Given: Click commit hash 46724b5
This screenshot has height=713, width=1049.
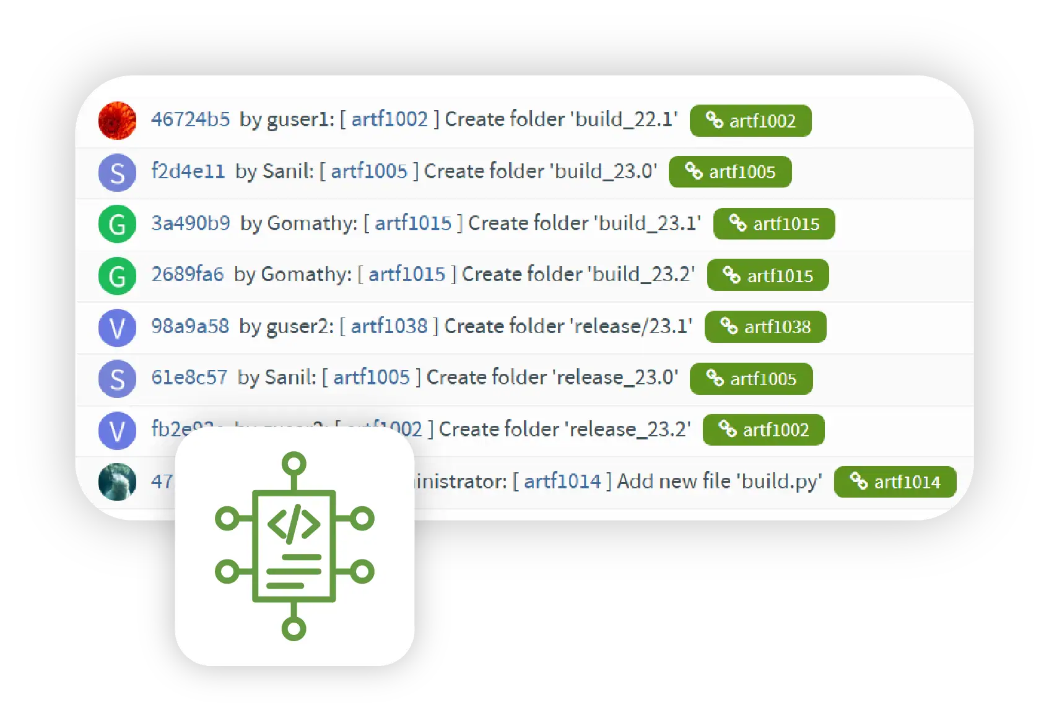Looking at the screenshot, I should point(190,119).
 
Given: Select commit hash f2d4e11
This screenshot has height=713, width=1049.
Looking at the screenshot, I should point(188,171).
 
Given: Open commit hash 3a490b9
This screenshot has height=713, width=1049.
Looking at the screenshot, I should point(191,223).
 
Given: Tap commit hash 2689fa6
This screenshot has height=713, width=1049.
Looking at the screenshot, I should point(188,274).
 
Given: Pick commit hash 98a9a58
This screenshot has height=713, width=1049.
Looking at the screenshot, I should point(190,326).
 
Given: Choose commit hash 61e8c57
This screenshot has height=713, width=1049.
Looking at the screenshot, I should point(189,378).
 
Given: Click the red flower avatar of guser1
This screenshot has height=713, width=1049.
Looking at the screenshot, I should point(117,120).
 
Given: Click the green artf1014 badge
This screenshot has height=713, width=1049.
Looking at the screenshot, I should point(895,482).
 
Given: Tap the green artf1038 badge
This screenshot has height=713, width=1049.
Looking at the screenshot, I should point(765,327).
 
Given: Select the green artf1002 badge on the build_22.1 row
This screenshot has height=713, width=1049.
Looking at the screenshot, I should point(751,121).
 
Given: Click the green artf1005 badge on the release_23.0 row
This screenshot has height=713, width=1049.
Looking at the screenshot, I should point(751,379).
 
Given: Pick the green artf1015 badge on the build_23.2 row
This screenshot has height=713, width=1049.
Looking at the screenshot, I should point(768,275).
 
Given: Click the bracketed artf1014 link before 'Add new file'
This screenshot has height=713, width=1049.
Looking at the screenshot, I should point(562,481).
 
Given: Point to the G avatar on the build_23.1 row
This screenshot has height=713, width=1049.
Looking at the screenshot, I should point(117,223).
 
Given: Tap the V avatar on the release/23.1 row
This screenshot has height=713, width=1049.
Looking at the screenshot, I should point(117,327).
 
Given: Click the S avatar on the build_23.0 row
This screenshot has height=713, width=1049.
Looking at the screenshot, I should point(117,173).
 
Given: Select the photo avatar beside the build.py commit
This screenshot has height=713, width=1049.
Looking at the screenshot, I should point(117,481).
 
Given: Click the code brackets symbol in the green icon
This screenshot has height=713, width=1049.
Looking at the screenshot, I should point(294,523).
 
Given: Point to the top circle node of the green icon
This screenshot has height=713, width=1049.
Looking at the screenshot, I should point(294,463).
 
